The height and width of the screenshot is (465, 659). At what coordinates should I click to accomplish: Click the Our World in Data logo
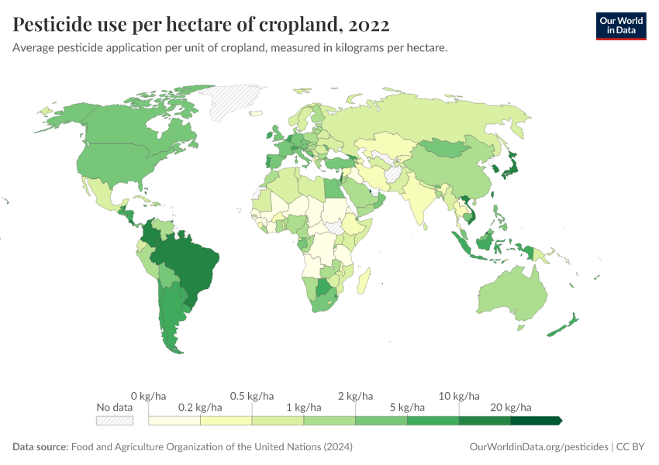(x=620, y=25)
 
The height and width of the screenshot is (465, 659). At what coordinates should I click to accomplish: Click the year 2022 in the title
(x=369, y=26)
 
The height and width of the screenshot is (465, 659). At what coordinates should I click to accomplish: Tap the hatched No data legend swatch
(x=114, y=420)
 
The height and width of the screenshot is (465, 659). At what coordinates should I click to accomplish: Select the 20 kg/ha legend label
(x=511, y=407)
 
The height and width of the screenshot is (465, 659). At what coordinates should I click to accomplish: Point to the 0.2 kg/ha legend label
(x=200, y=407)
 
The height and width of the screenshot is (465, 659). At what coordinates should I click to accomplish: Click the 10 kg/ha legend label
(x=459, y=396)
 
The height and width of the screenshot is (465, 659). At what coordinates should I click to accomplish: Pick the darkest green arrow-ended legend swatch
(x=535, y=420)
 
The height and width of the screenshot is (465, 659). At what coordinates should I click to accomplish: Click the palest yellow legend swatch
(x=174, y=420)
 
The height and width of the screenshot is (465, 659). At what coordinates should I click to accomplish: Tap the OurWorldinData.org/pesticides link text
(x=539, y=447)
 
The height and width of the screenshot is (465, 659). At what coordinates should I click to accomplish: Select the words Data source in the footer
(x=40, y=447)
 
